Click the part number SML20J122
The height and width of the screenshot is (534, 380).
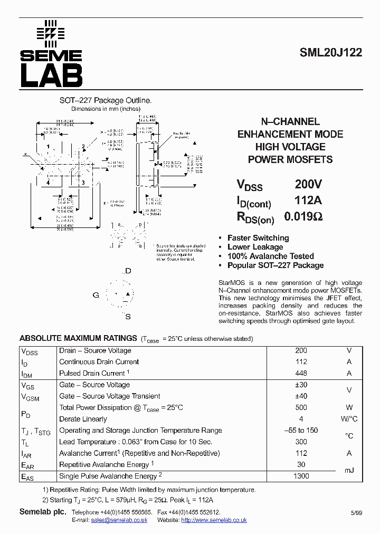pos(330,53)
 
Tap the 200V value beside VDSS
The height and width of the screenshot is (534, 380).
pos(308,185)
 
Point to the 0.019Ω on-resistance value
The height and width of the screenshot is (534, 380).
pos(303,216)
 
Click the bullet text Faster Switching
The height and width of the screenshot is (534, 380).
pos(258,238)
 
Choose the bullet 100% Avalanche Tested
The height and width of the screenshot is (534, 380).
pos(270,256)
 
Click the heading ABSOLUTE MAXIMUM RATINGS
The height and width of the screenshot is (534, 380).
pos(78,338)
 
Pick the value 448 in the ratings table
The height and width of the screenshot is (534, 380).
pos(301,373)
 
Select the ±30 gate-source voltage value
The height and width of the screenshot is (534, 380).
pos(301,385)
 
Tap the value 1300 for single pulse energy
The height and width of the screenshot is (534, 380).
pos(301,476)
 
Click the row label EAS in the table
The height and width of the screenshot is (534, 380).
pos(27,476)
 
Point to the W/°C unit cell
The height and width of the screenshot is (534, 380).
pos(348,419)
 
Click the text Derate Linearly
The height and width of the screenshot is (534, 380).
pos(83,419)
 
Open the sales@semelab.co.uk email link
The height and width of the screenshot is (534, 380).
pos(119,520)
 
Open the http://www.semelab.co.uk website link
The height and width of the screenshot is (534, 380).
pos(214,520)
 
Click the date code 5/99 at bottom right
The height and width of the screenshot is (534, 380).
pos(356,513)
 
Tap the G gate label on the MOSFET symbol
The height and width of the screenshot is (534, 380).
pos(96,295)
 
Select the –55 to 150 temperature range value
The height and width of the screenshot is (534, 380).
pos(301,430)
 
